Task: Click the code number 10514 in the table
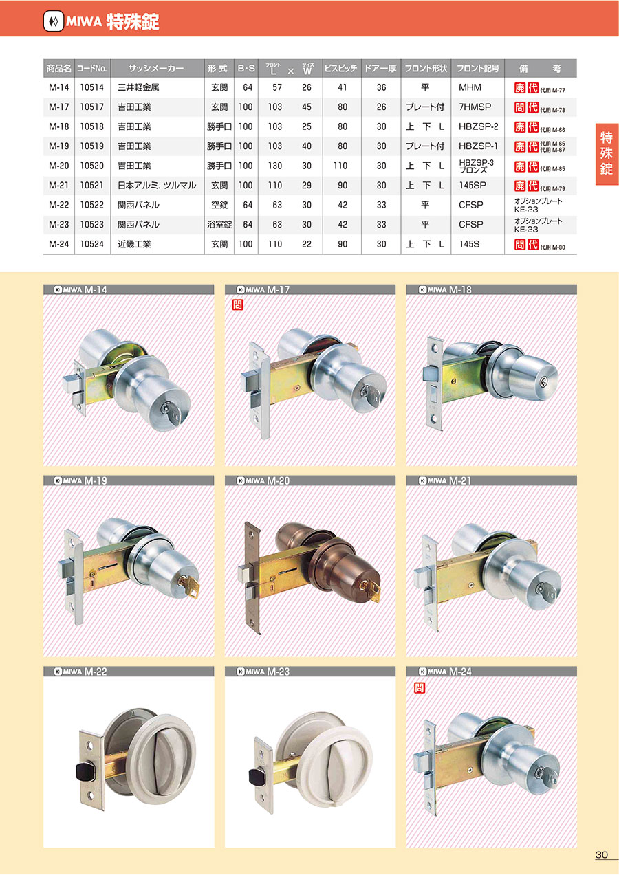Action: click(x=92, y=87)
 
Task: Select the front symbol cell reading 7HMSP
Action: click(x=475, y=107)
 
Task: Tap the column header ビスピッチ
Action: click(x=340, y=68)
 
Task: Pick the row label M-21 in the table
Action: click(x=58, y=186)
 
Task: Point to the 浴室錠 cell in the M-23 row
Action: click(x=219, y=225)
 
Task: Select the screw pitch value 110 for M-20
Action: click(x=340, y=166)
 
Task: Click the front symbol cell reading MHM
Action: click(x=470, y=87)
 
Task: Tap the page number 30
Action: click(x=602, y=854)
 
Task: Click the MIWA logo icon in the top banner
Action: click(x=54, y=21)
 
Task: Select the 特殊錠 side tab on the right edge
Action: click(x=607, y=154)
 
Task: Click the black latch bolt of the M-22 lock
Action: click(x=84, y=771)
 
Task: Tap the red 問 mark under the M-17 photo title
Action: click(x=237, y=304)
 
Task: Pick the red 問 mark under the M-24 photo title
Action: click(x=420, y=687)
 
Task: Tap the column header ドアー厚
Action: click(x=380, y=68)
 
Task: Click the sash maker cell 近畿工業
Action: click(x=134, y=244)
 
